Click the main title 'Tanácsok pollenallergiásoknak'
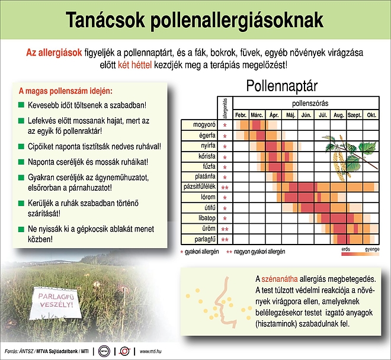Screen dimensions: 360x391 coord(195,20)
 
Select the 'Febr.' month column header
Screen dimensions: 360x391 coord(241,114)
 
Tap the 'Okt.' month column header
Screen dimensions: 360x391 coord(371,114)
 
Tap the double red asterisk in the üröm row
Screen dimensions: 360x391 coord(225,230)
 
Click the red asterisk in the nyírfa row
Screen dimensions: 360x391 coord(225,146)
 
